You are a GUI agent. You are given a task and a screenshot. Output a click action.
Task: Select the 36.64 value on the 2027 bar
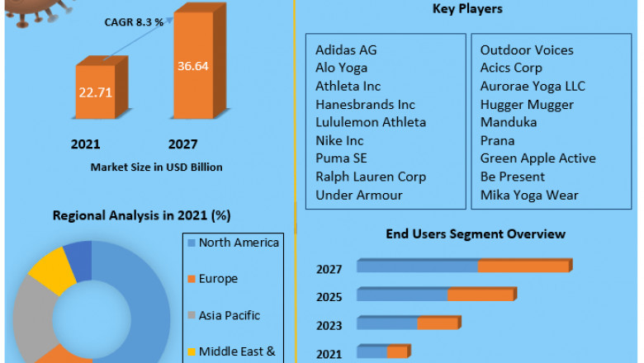[192, 65]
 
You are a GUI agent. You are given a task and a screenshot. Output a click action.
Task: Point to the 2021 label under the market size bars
[85, 144]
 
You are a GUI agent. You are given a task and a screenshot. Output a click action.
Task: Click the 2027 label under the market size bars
[182, 144]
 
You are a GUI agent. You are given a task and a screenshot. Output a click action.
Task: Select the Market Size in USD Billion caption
[156, 167]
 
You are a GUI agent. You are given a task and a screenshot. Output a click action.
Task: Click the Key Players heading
[467, 9]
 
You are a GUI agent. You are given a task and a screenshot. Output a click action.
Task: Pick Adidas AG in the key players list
[346, 50]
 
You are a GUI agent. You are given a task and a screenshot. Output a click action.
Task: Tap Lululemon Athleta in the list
[371, 122]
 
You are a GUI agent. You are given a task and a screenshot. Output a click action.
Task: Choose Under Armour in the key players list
[358, 195]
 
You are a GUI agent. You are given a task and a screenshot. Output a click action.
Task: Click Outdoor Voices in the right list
[527, 50]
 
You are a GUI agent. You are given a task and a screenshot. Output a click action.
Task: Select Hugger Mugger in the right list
[527, 105]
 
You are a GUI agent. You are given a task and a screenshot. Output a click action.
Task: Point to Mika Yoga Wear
[529, 195]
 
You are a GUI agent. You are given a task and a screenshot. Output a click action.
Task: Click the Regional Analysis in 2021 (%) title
[141, 215]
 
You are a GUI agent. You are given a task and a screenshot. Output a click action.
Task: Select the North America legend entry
[239, 243]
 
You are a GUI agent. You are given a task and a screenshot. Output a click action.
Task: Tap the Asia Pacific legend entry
[229, 315]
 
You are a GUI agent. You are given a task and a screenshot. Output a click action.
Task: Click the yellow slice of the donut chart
[52, 270]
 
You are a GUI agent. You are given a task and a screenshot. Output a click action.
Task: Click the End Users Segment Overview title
[476, 234]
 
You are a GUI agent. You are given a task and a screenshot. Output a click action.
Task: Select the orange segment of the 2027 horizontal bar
[523, 266]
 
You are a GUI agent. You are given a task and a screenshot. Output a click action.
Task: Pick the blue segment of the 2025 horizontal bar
[402, 295]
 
